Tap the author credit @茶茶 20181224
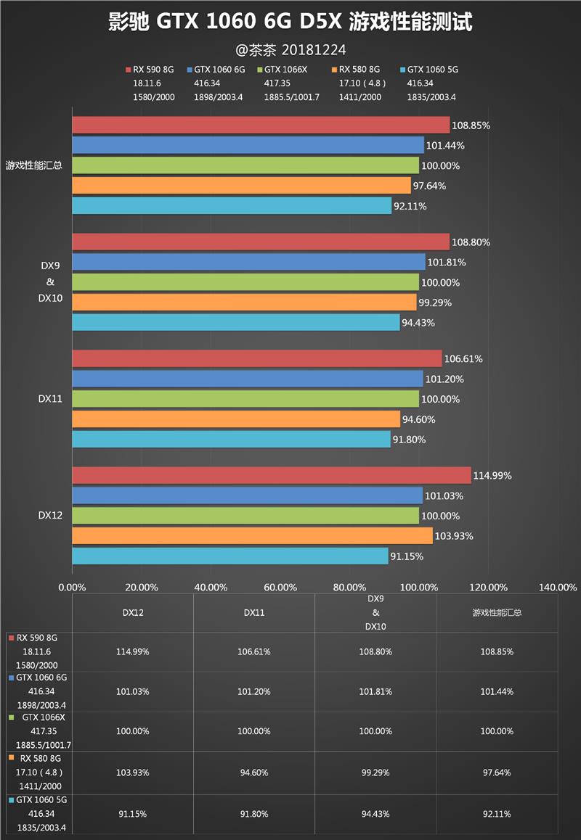pyautogui.click(x=290, y=50)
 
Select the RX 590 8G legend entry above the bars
pyautogui.click(x=153, y=70)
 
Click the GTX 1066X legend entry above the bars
pyautogui.click(x=285, y=70)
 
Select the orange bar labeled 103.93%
pyautogui.click(x=252, y=536)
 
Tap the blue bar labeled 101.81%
pyautogui.click(x=248, y=262)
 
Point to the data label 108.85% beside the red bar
pyautogui.click(x=471, y=125)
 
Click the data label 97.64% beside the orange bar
pyautogui.click(x=428, y=186)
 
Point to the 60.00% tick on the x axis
pyautogui.click(x=280, y=587)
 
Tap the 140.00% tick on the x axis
pyautogui.click(x=558, y=587)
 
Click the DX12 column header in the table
pyautogui.click(x=132, y=612)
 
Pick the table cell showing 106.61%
pyautogui.click(x=253, y=651)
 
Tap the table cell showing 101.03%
pyautogui.click(x=132, y=691)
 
